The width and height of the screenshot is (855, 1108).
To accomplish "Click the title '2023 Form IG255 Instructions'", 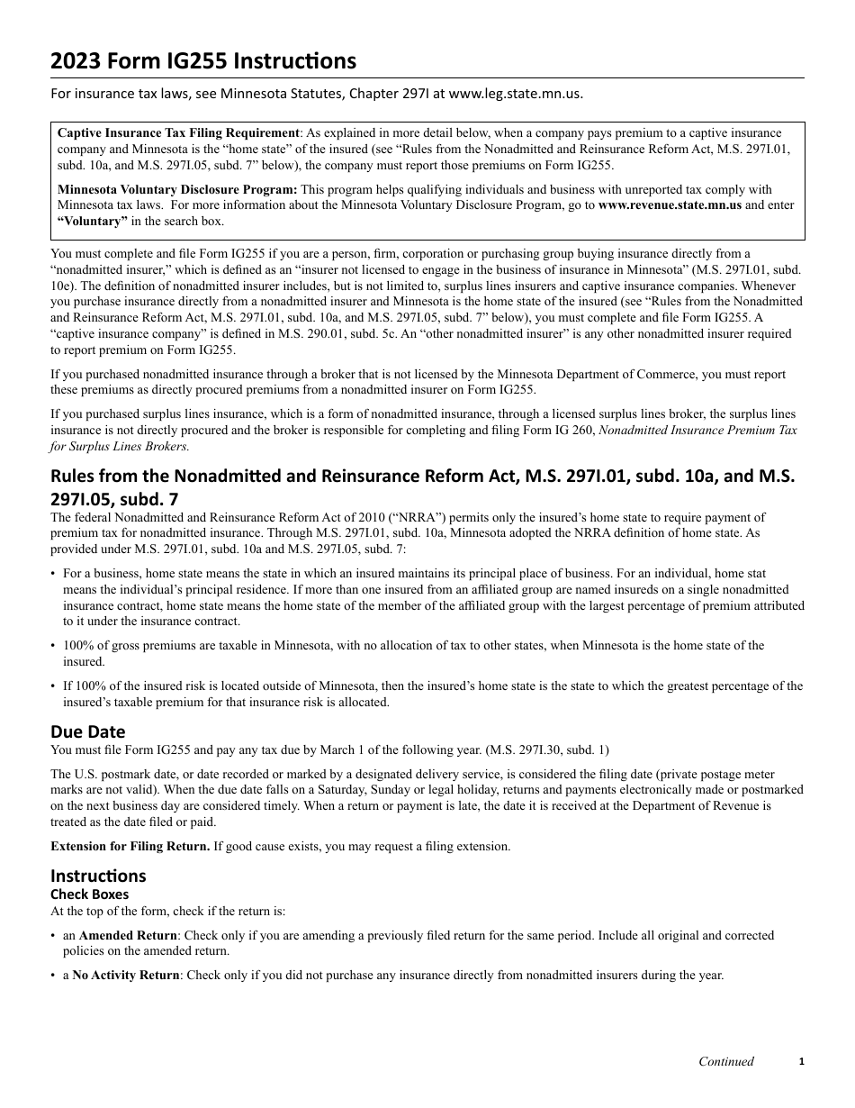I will [x=203, y=61].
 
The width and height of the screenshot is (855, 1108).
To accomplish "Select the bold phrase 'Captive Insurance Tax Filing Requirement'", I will [x=178, y=132].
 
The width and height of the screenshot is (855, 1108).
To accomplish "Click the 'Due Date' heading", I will [x=88, y=731].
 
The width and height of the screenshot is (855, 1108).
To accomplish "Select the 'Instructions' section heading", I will [x=98, y=876].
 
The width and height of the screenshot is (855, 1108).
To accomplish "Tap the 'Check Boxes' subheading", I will [x=89, y=895].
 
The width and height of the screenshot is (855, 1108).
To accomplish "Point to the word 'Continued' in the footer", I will [x=726, y=1061].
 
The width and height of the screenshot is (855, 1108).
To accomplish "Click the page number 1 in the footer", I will [x=801, y=1061].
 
